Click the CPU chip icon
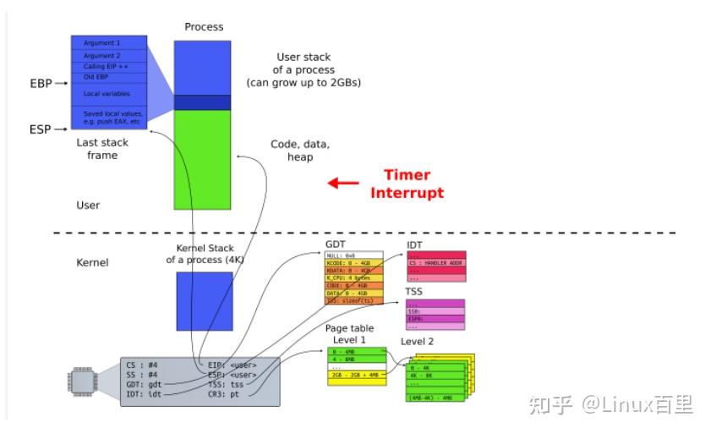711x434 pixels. pos(81,382)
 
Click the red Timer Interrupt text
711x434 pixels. pos(407,184)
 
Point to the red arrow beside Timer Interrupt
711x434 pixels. pos(343,183)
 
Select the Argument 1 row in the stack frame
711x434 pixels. pos(109,41)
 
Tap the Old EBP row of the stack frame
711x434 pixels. pos(109,77)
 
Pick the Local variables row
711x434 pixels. pos(109,93)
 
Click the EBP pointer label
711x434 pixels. pos(41,84)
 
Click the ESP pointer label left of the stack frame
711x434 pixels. pos(41,129)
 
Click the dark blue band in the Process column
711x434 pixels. pos(202,102)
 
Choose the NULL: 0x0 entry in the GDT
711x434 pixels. pos(354,255)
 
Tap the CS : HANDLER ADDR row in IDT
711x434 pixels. pos(436,263)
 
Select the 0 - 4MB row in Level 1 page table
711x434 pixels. pos(356,350)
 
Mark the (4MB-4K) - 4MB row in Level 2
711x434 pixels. pos(434,396)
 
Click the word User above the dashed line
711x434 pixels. pos(88,205)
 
